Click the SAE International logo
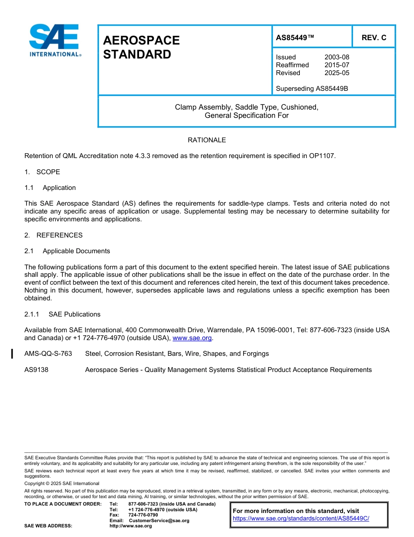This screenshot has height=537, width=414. click(x=54, y=40)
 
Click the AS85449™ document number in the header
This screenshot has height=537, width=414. click(x=295, y=38)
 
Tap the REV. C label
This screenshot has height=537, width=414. click(x=373, y=38)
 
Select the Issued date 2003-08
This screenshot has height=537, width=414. click(x=336, y=57)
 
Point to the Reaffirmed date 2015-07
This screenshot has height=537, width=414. click(x=336, y=65)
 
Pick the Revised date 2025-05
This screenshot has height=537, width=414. click(x=336, y=73)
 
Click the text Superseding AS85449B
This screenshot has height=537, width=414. click(x=312, y=89)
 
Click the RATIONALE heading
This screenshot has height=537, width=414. click(x=207, y=140)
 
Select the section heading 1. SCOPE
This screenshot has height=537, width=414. click(x=42, y=172)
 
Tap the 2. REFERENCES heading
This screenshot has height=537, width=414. click(x=53, y=235)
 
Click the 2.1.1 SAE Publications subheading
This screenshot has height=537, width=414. click(x=62, y=314)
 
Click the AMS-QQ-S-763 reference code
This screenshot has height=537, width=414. click(x=48, y=354)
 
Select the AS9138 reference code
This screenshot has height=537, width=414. click(x=37, y=370)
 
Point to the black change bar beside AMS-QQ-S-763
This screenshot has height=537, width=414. click(x=12, y=354)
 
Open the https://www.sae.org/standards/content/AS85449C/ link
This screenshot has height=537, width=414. click(x=301, y=518)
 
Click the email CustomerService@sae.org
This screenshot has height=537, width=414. click(x=159, y=520)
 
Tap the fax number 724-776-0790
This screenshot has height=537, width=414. click(x=143, y=515)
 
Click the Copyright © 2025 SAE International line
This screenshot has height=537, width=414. click(x=62, y=483)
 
